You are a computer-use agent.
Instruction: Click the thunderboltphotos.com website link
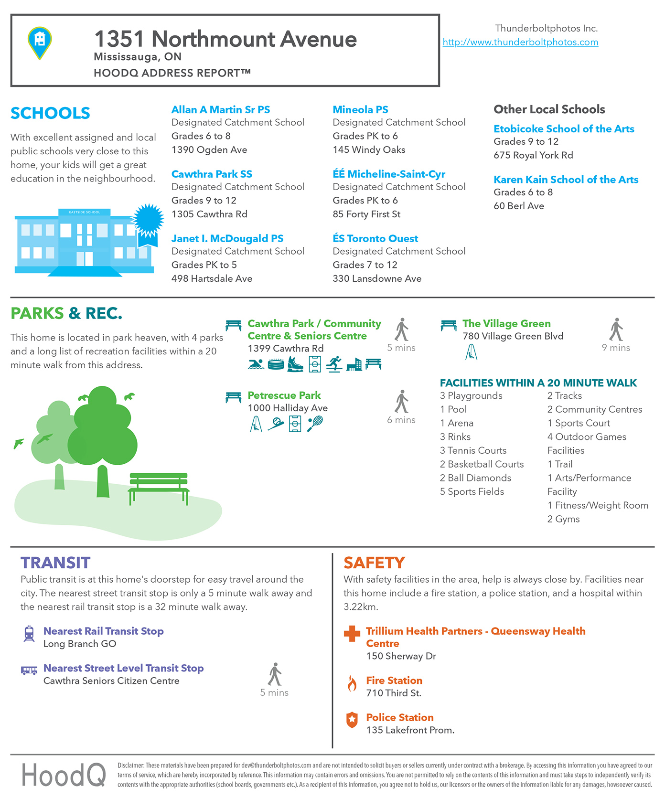520,42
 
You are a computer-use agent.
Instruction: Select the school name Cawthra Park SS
212,174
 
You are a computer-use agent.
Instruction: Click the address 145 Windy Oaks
369,150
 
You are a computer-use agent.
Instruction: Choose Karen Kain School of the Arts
566,180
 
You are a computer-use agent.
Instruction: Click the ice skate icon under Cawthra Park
295,364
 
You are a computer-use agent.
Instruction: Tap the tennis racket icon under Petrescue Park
315,423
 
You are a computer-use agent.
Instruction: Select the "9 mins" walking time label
616,348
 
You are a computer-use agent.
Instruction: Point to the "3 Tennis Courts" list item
473,450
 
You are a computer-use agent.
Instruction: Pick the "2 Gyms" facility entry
563,519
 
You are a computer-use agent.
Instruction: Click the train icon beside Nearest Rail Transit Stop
29,634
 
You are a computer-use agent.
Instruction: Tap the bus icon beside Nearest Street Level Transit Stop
29,671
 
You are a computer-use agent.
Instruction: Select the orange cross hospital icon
352,633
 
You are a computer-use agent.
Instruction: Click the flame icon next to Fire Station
352,683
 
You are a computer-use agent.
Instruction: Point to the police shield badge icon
352,720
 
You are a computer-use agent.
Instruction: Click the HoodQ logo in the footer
64,775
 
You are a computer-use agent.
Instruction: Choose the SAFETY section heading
374,563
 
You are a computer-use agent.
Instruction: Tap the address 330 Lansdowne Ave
377,279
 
